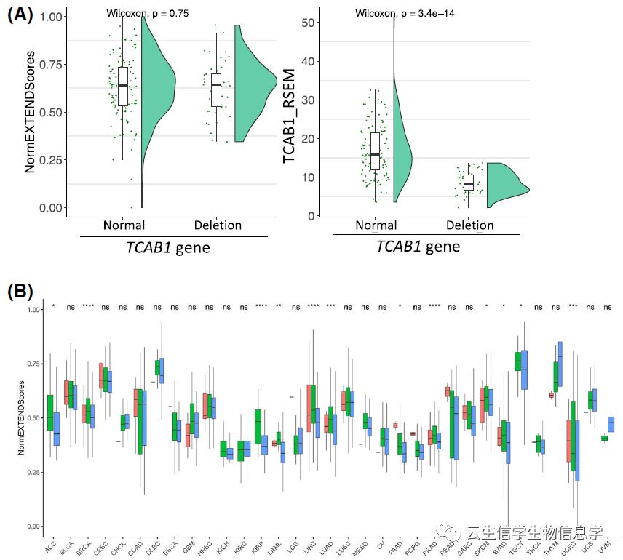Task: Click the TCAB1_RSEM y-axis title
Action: click(x=290, y=111)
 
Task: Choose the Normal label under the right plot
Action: click(x=376, y=225)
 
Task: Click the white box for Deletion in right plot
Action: click(x=469, y=182)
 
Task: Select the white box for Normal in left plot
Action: click(x=123, y=87)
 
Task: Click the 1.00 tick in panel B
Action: click(x=31, y=310)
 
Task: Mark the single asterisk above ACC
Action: click(x=53, y=307)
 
